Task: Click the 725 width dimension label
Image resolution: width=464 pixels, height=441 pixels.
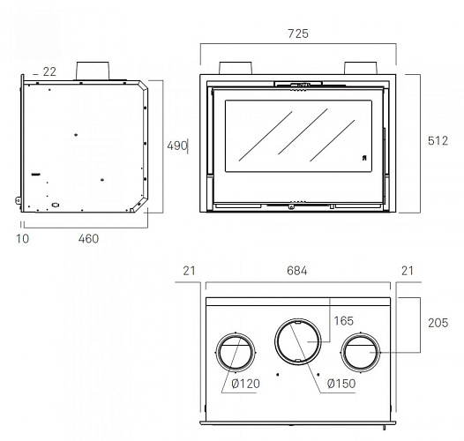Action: pos(298,34)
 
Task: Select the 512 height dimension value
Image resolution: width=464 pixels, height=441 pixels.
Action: pos(438,141)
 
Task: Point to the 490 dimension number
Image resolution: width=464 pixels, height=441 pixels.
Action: pos(177,146)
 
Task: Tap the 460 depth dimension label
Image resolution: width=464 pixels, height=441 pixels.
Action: pos(88,239)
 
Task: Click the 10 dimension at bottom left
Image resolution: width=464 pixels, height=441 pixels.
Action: pos(22,239)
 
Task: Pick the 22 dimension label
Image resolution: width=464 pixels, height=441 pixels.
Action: pos(49,71)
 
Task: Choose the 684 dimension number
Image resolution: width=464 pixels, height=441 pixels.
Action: pos(296,271)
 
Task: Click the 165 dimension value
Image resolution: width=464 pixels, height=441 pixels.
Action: pos(343,321)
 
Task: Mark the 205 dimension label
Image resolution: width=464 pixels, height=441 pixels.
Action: pos(438,323)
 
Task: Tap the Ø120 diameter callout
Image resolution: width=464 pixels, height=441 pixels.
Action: pos(245,384)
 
